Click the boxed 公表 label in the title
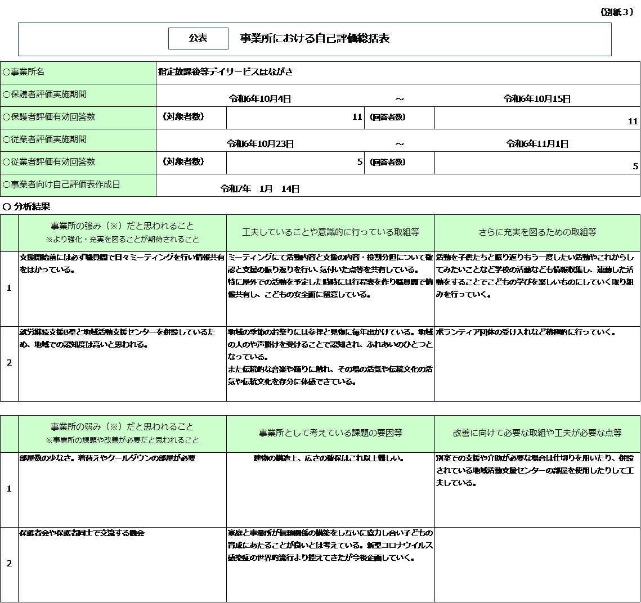tap(198, 38)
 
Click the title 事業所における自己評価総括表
tap(315, 38)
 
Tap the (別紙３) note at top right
tap(617, 12)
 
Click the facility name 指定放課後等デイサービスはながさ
tap(226, 72)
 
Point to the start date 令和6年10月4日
tap(260, 99)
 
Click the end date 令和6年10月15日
tap(537, 99)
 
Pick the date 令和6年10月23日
tap(260, 144)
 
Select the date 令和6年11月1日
tap(537, 144)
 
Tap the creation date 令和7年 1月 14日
tap(260, 189)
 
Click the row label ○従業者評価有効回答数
tap(49, 162)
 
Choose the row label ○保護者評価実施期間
tap(45, 94)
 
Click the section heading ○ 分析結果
tap(26, 207)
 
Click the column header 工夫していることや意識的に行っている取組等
tap(330, 232)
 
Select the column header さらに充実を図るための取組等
tap(537, 232)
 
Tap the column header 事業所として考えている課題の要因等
tap(330, 433)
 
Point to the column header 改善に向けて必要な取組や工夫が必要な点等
tap(537, 433)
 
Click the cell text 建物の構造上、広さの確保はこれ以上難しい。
tap(329, 458)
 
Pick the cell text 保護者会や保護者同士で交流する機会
tap(82, 533)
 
